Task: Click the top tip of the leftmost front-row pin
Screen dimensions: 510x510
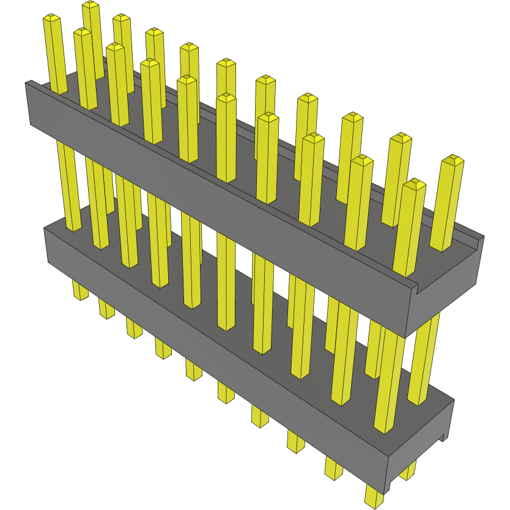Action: click(52, 18)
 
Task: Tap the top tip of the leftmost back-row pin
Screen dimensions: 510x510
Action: click(91, 5)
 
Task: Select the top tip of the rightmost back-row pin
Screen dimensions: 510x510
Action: click(453, 160)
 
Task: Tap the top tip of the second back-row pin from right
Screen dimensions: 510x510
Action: click(401, 138)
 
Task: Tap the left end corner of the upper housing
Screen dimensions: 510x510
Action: click(28, 104)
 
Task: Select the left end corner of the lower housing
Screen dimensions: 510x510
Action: click(48, 245)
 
